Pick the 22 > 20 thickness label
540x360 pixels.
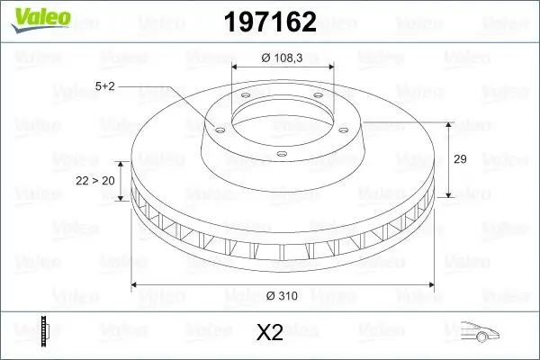95,181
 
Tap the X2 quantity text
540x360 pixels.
269,333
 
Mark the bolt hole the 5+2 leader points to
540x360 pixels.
216,127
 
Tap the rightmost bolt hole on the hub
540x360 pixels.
346,127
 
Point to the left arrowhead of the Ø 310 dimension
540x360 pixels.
136,285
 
